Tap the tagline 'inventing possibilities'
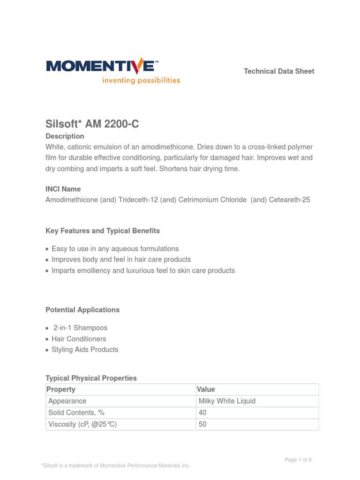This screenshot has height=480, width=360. pyautogui.click(x=141, y=80)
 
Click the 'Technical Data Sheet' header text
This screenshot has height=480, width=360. pyautogui.click(x=279, y=71)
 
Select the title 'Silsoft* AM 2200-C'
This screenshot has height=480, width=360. pyautogui.click(x=92, y=124)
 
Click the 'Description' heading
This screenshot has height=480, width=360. pyautogui.click(x=65, y=136)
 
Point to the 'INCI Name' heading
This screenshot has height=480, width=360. pyautogui.click(x=63, y=189)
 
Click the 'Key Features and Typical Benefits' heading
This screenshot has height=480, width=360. pyautogui.click(x=103, y=231)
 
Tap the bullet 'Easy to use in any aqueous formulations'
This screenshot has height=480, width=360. pyautogui.click(x=115, y=249)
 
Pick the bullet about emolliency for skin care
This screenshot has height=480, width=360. pyautogui.click(x=143, y=271)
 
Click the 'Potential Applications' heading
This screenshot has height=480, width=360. pyautogui.click(x=82, y=310)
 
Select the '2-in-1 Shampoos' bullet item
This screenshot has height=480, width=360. pyautogui.click(x=80, y=328)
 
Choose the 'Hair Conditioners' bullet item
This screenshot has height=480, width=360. pyautogui.click(x=79, y=339)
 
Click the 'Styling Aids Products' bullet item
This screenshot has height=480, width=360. pyautogui.click(x=85, y=350)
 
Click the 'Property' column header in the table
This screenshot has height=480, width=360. pyautogui.click(x=61, y=390)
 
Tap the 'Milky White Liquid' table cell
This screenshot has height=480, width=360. pyautogui.click(x=227, y=401)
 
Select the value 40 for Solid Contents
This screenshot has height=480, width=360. pyautogui.click(x=202, y=413)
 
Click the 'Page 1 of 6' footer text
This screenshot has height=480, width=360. pyautogui.click(x=298, y=460)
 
